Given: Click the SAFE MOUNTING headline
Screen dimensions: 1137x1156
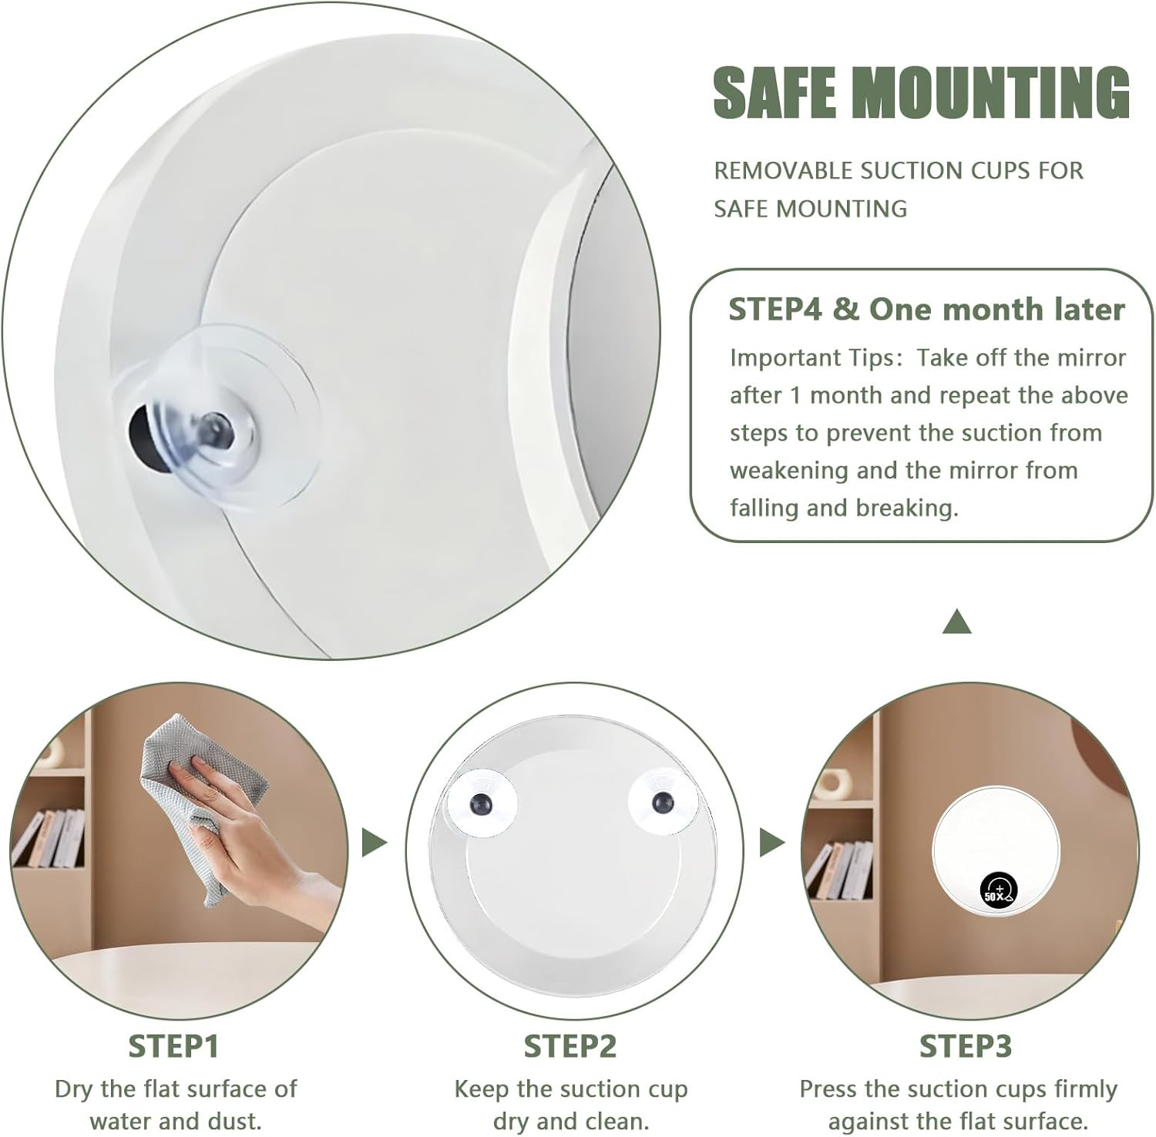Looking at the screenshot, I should click(921, 92).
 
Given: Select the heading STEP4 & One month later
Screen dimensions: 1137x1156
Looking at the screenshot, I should click(926, 309).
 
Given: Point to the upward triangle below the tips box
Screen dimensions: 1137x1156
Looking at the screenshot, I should click(956, 622).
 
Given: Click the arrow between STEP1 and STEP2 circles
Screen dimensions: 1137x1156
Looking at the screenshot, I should click(374, 842).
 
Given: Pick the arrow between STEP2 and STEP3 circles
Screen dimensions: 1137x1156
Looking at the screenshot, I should click(771, 842).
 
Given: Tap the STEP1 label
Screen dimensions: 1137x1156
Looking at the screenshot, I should click(173, 1046).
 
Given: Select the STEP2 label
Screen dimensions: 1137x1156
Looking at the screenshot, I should click(570, 1046).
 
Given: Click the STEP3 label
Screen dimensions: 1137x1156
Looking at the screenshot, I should click(965, 1046).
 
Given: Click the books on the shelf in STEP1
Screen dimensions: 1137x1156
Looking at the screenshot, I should click(50, 838).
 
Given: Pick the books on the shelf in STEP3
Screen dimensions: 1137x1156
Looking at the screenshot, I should click(840, 870).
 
